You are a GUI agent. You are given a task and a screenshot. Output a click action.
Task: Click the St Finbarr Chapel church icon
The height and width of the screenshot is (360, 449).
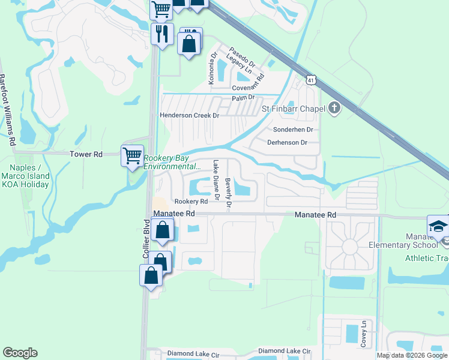pyautogui.click(x=335, y=109)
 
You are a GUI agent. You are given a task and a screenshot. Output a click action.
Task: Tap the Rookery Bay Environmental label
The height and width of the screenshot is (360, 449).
pyautogui.click(x=171, y=163)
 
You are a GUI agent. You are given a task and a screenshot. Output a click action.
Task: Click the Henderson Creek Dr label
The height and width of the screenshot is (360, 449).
pyautogui.click(x=190, y=115)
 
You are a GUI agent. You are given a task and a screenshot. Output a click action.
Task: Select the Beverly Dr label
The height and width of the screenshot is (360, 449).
pyautogui.click(x=228, y=193)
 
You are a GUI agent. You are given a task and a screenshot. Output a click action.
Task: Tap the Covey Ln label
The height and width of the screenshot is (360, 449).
pyautogui.click(x=364, y=332)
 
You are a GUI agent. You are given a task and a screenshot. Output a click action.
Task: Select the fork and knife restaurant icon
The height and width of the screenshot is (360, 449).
pyautogui.click(x=161, y=32)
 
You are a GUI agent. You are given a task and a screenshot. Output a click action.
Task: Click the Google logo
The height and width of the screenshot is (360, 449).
pyautogui.click(x=20, y=353)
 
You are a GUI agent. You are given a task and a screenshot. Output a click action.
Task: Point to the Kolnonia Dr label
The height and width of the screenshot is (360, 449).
pyautogui.click(x=211, y=67)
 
